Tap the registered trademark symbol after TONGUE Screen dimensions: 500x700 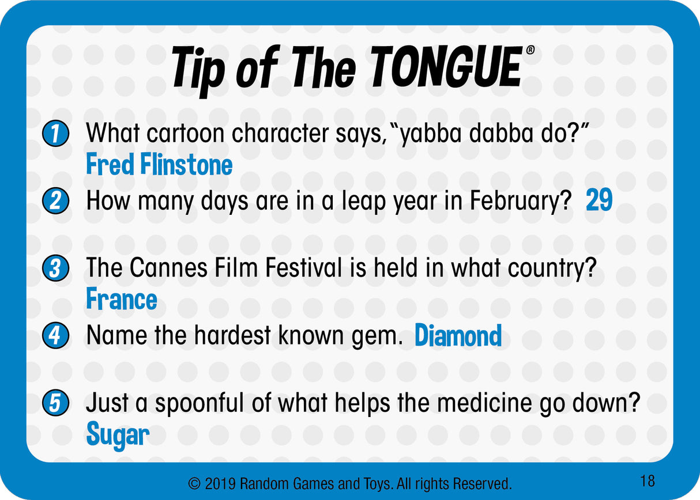[530, 50]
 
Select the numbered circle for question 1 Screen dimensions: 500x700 [55, 134]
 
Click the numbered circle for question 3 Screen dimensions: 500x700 [55, 269]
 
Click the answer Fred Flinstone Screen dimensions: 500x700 [159, 165]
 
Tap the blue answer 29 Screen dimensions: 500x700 [599, 201]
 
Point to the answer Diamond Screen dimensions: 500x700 [458, 336]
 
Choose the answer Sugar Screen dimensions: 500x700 [118, 435]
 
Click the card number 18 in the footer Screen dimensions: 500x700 [647, 480]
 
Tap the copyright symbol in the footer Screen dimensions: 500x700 [194, 483]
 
